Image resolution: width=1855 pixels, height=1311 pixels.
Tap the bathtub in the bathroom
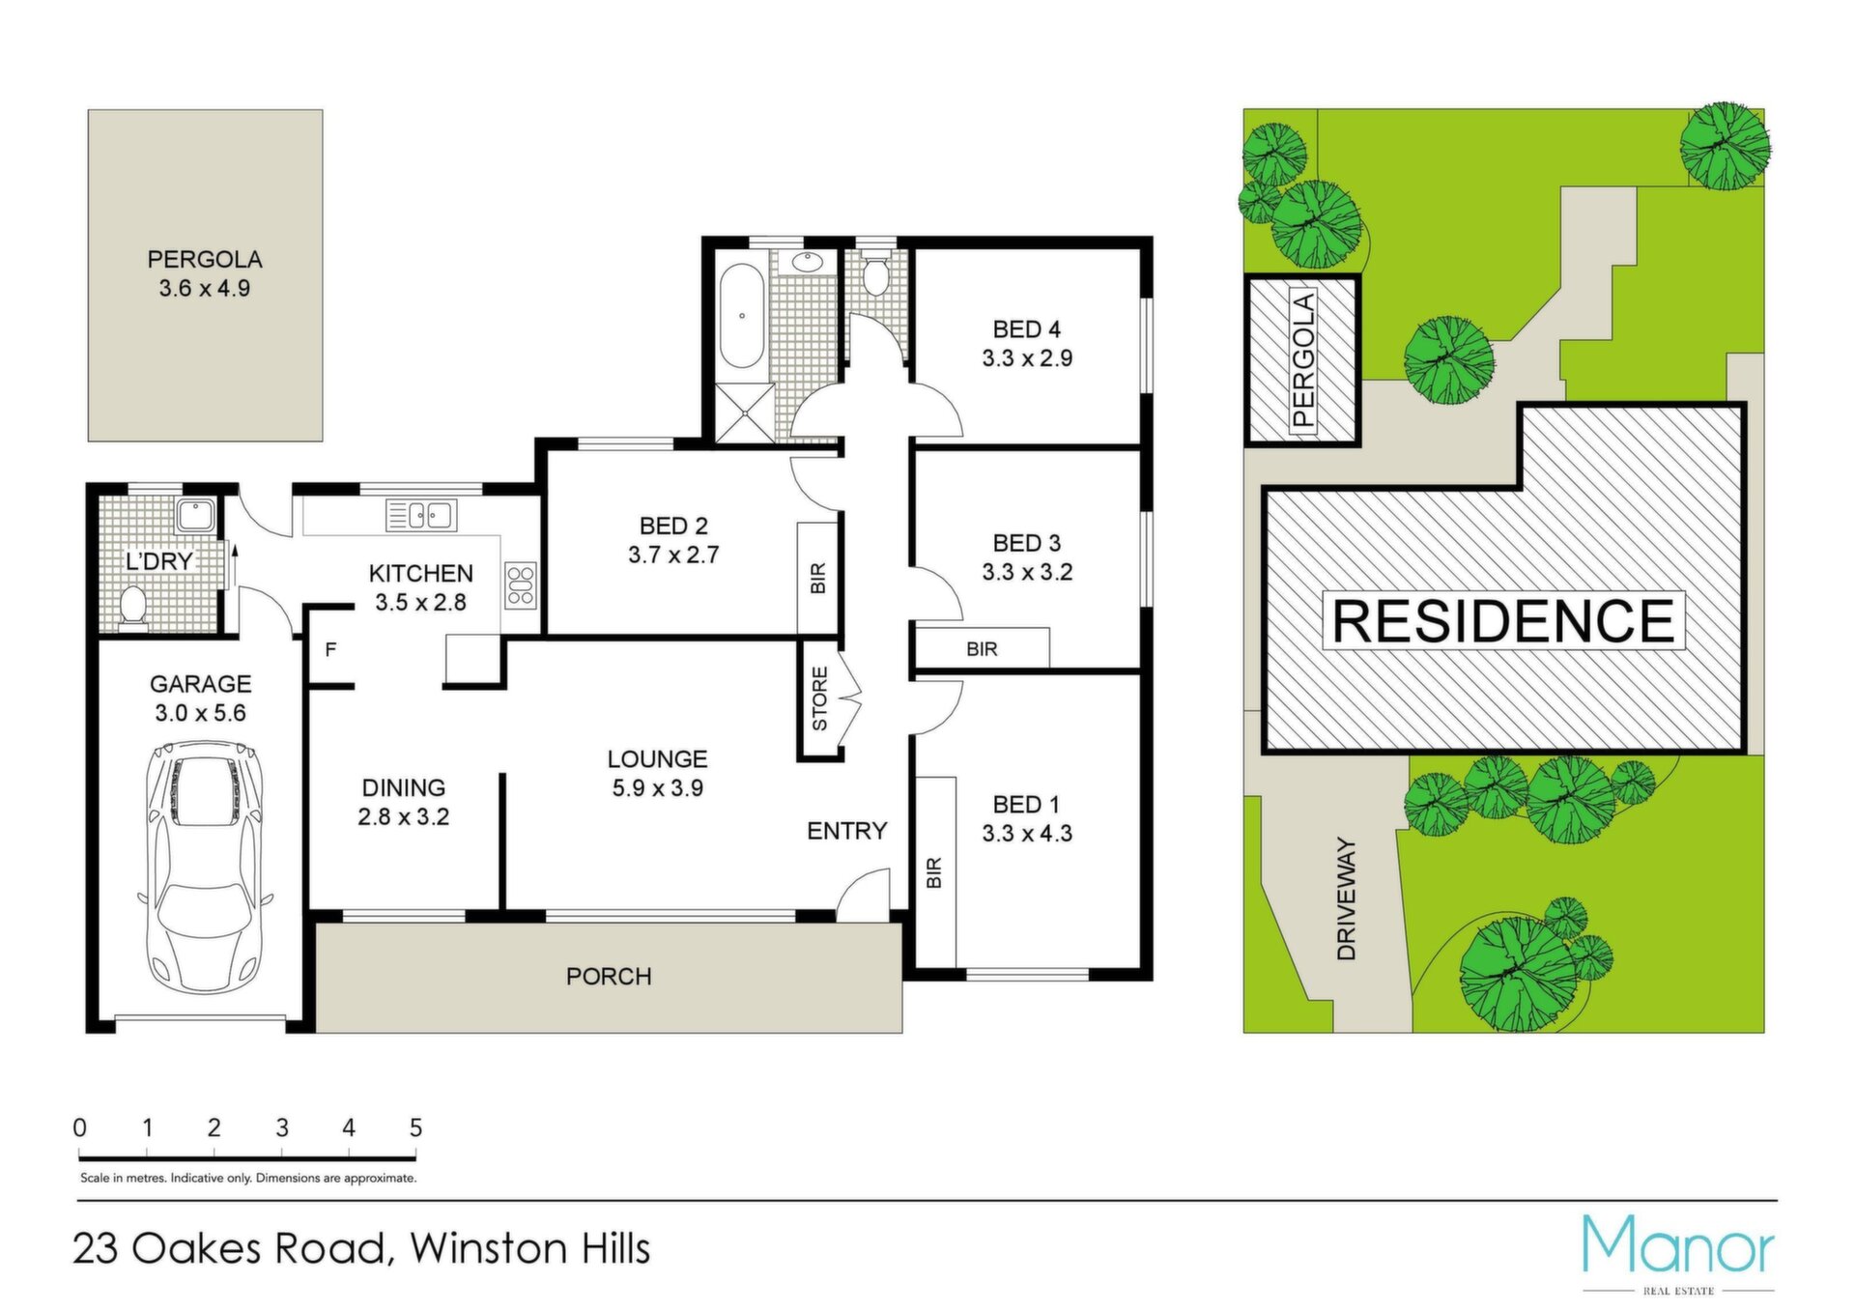coord(741,315)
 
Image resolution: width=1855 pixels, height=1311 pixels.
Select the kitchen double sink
coord(421,515)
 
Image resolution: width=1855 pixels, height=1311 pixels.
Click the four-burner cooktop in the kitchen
coord(520,585)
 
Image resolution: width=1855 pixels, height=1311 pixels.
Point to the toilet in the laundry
coord(132,608)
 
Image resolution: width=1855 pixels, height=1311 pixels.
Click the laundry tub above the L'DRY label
coord(196,515)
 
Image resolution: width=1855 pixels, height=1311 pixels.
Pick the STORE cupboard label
coord(819,698)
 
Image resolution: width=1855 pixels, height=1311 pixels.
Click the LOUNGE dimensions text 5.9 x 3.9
coord(657,788)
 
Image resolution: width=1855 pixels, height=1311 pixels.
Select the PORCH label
coord(609,977)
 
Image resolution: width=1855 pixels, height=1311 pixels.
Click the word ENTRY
coord(846,831)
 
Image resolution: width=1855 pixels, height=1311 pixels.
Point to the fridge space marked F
coord(330,649)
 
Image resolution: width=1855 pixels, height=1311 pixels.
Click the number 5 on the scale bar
coord(415,1127)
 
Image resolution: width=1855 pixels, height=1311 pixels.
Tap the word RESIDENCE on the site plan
coord(1503,620)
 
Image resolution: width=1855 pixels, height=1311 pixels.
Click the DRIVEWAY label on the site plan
coord(1347,898)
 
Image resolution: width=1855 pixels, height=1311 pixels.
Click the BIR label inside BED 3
coord(982,649)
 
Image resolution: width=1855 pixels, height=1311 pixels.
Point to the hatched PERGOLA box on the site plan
coord(1303,359)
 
